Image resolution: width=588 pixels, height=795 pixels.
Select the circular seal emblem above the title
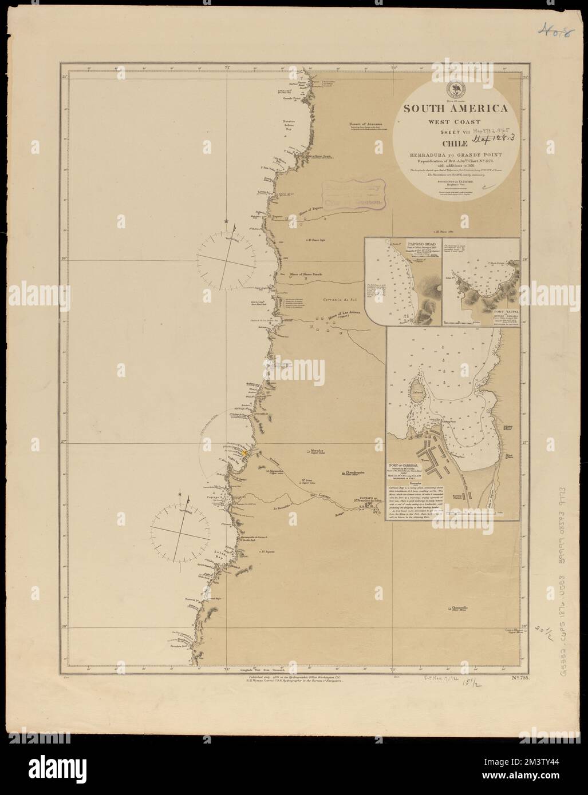point(456,90)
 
